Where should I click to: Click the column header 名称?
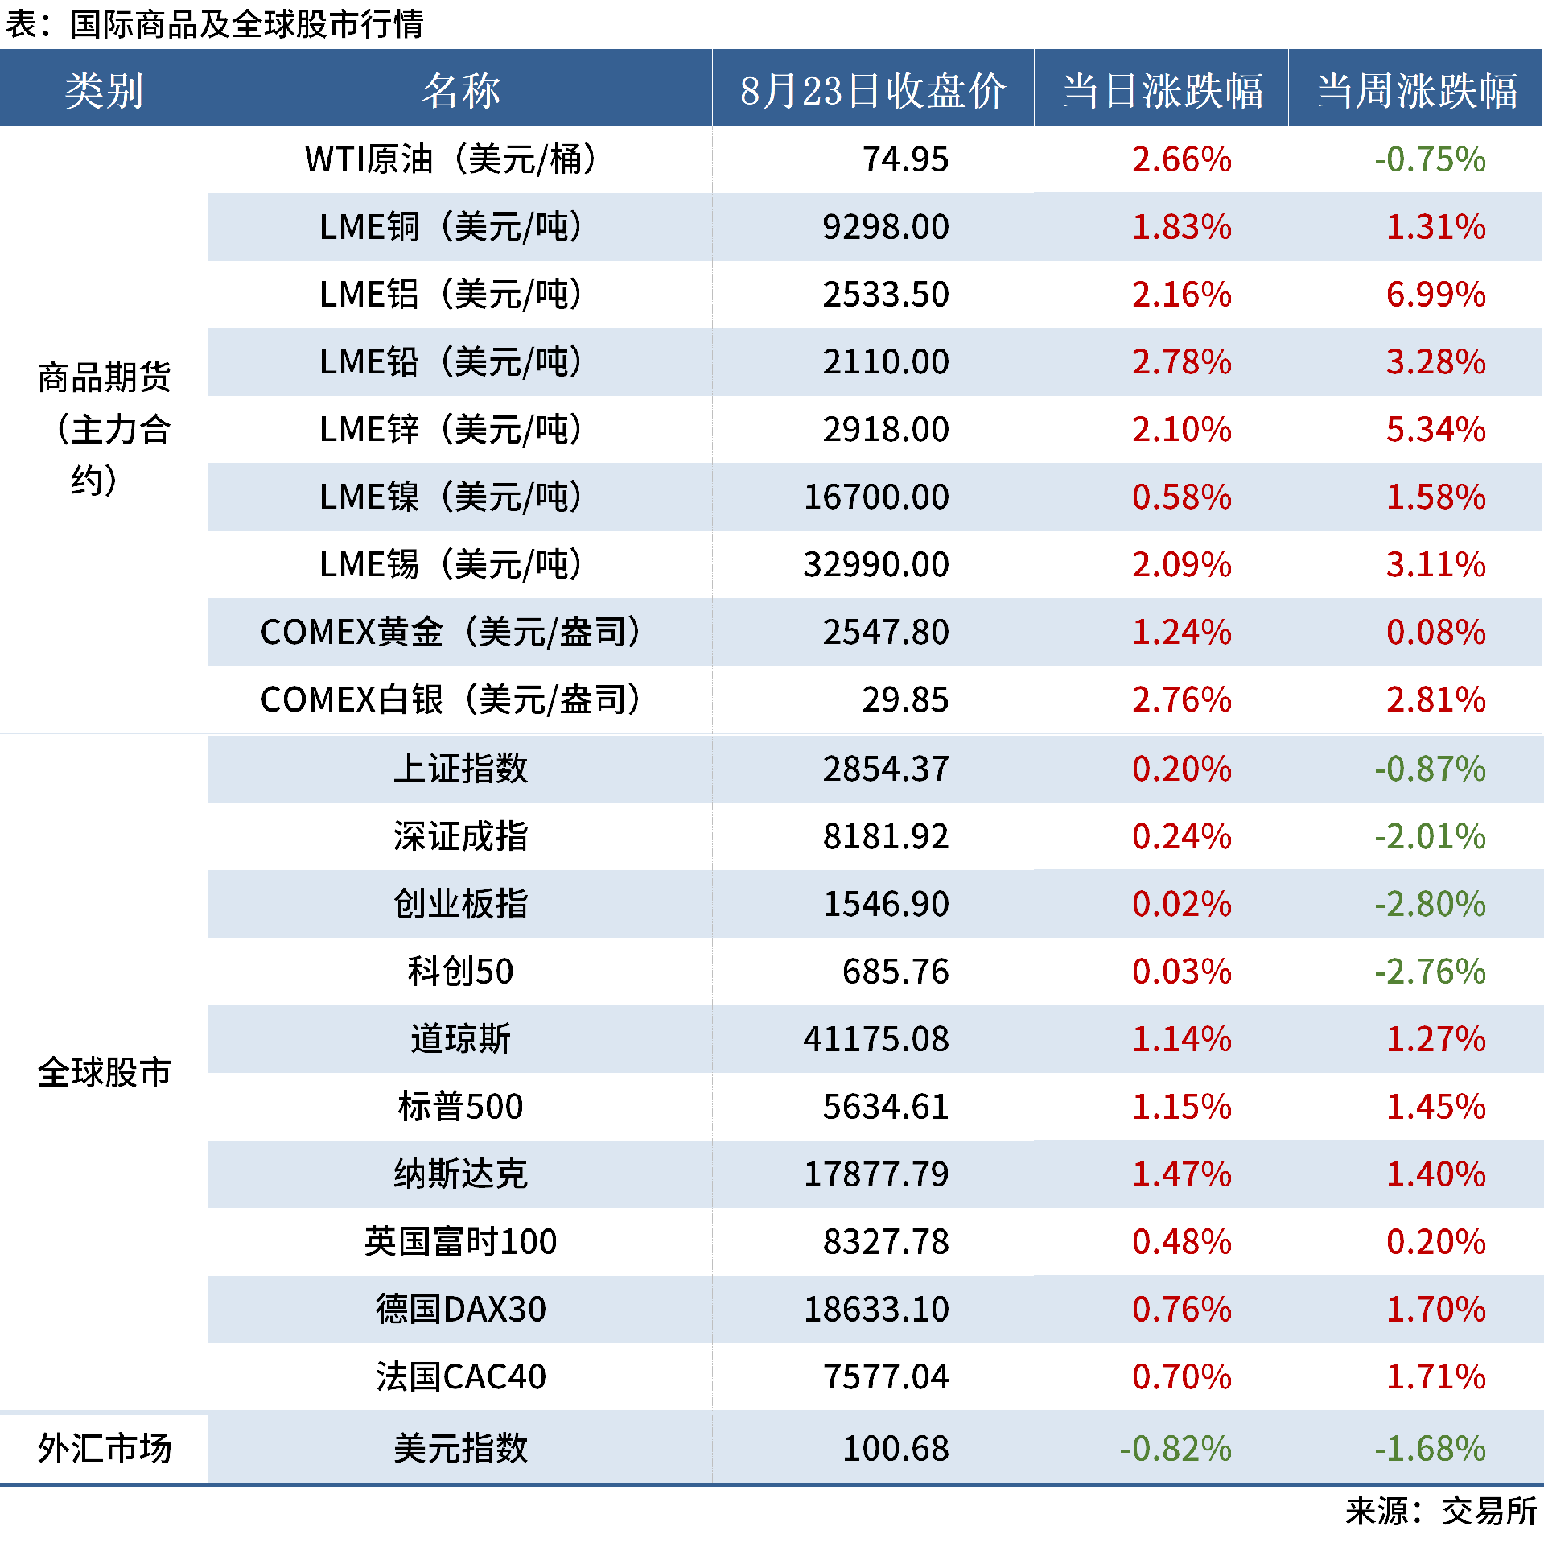pyautogui.click(x=460, y=90)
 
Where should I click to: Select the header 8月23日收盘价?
pyautogui.click(x=872, y=90)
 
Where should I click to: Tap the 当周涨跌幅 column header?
pyautogui.click(x=1416, y=90)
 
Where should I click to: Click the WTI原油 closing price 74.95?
pyautogui.click(x=905, y=159)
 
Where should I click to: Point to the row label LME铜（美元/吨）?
pyautogui.click(x=451, y=227)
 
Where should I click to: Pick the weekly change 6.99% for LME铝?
pyautogui.click(x=1435, y=295)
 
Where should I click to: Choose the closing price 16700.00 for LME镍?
pyautogui.click(x=876, y=497)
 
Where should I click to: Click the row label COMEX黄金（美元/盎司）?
pyautogui.click(x=451, y=632)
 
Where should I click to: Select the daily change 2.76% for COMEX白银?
pyautogui.click(x=1181, y=699)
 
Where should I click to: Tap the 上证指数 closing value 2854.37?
pyautogui.click(x=885, y=769)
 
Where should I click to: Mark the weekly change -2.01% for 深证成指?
pyautogui.click(x=1429, y=836)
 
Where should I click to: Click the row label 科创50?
pyautogui.click(x=460, y=972)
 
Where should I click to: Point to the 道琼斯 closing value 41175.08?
pyautogui.click(x=876, y=1039)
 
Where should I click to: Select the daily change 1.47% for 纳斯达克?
pyautogui.click(x=1181, y=1174)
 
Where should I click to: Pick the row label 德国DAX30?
pyautogui.click(x=460, y=1310)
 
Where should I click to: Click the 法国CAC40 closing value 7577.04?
pyautogui.click(x=885, y=1376)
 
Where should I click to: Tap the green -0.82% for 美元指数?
pyautogui.click(x=1175, y=1449)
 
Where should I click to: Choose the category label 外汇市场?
pyautogui.click(x=105, y=1449)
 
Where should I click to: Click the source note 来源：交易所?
pyautogui.click(x=1440, y=1512)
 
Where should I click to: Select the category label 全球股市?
pyautogui.click(x=105, y=1073)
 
